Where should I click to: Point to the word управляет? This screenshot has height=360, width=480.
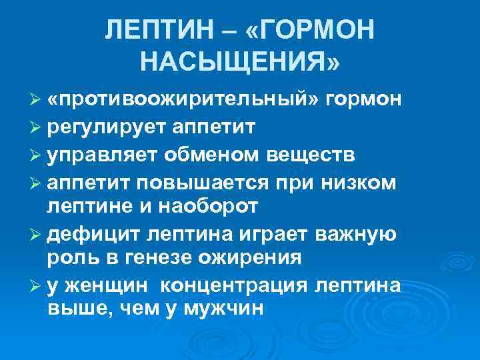click(100, 155)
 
